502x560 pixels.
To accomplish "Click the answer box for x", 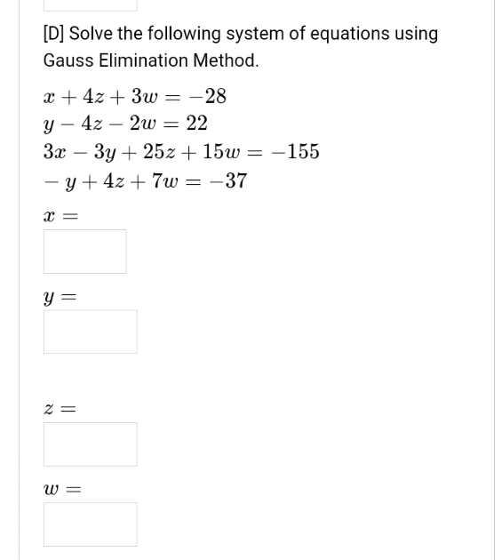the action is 84,252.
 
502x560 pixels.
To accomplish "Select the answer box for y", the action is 90,332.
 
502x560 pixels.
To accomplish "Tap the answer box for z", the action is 90,444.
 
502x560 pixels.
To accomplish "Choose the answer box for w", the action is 90,524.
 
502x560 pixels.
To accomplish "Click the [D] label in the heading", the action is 53,34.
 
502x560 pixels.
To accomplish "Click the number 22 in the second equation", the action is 196,124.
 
